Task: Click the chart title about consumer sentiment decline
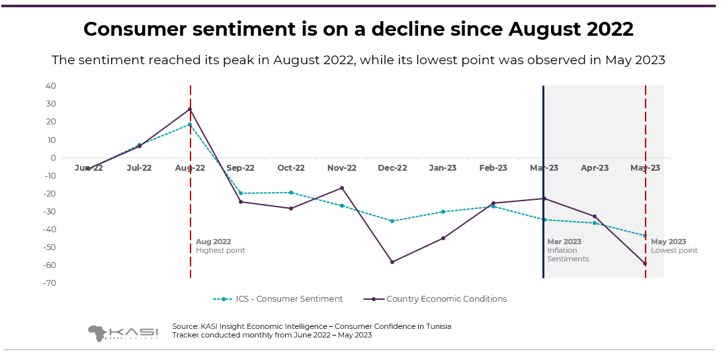(x=358, y=29)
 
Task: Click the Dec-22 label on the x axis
(x=392, y=168)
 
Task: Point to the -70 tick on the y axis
(x=50, y=283)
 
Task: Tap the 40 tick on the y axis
(x=50, y=86)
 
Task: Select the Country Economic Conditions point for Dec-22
(x=392, y=262)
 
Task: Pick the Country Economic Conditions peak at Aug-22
(x=190, y=109)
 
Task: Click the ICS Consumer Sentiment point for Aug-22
(x=190, y=124)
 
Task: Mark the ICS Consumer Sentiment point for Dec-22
(x=392, y=221)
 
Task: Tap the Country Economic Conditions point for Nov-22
(x=342, y=188)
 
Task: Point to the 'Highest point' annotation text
(x=220, y=251)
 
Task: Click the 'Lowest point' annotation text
(x=674, y=251)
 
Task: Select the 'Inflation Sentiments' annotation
(x=568, y=255)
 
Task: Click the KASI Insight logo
(x=122, y=332)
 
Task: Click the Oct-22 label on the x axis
(x=291, y=168)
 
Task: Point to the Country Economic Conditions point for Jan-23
(x=443, y=238)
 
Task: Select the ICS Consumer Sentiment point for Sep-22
(x=241, y=193)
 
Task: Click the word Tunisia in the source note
(x=439, y=326)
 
